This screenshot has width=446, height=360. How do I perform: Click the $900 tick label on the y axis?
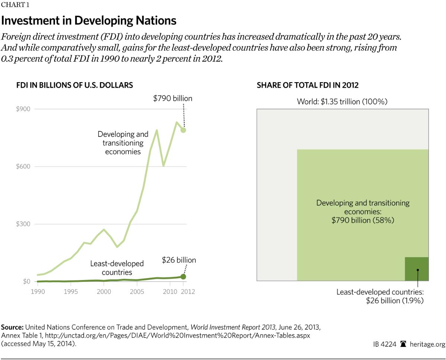pos(23,109)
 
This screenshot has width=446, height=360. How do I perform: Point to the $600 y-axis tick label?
pos(23,167)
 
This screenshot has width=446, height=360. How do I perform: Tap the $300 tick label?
pos(23,224)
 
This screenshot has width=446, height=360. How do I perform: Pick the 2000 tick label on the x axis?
pos(104,292)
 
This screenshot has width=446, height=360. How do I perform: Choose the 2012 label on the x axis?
pos(188,292)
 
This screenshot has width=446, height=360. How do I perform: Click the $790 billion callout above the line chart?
pos(173,99)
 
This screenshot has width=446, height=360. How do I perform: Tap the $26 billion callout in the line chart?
pos(179,260)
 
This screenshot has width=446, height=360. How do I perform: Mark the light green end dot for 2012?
pos(183,130)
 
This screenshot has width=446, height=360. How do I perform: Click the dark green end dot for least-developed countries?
pos(183,277)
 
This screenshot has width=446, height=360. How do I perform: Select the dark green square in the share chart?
pos(417,269)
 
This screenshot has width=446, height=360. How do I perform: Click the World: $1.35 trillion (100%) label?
pos(342,102)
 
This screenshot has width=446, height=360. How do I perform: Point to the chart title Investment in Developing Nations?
pos(89,20)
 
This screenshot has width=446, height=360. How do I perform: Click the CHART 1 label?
pos(15,5)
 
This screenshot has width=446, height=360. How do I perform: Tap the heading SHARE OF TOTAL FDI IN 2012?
pos(307,85)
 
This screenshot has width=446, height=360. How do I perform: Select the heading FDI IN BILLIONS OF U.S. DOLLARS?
pos(74,85)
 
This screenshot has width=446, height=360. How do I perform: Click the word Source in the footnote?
pos(12,327)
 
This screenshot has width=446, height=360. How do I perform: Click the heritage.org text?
pos(427,344)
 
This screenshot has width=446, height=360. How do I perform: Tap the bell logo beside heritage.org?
pos(403,344)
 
